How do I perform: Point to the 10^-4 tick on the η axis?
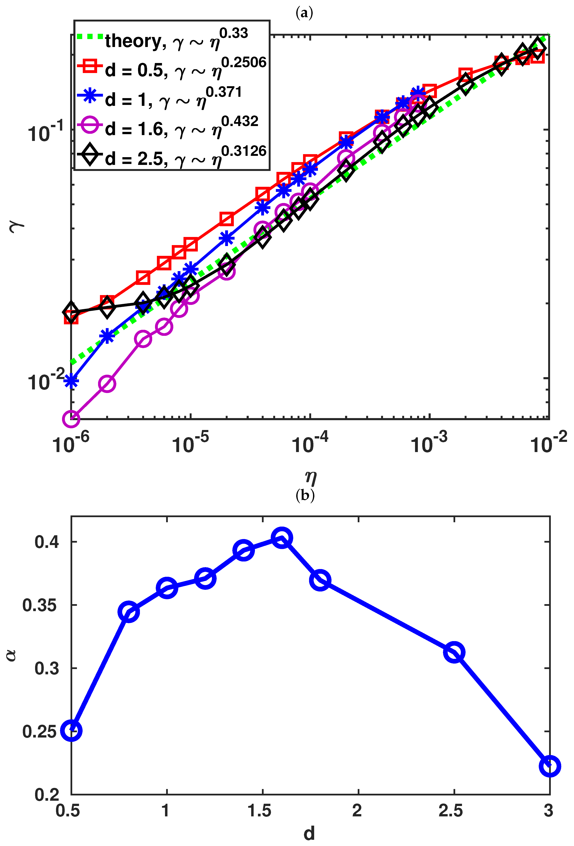(310, 443)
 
